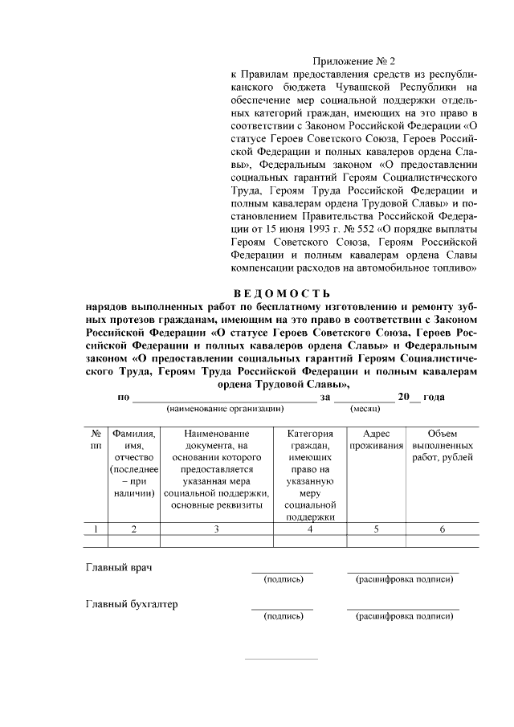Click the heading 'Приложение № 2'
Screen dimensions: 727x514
point(354,60)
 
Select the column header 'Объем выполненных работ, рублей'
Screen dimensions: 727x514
point(442,445)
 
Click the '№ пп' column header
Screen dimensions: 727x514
point(96,439)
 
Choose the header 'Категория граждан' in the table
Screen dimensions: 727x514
point(309,474)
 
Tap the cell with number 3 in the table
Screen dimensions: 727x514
point(216,529)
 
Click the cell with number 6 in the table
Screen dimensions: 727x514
point(442,529)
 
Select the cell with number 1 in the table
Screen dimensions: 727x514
point(96,529)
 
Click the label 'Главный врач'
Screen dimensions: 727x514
point(120,566)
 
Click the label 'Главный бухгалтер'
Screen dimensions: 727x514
point(132,604)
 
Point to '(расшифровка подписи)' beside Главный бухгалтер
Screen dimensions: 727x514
point(404,616)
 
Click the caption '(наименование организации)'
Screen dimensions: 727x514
point(225,409)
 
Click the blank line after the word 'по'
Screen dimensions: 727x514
point(224,397)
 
